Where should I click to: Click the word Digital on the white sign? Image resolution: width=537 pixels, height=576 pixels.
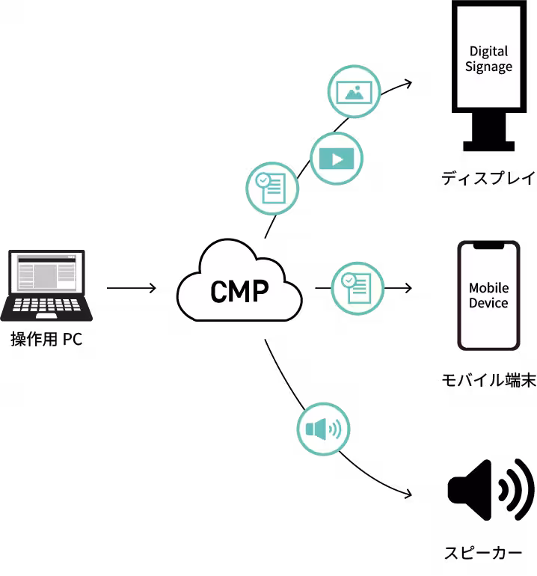[488, 51]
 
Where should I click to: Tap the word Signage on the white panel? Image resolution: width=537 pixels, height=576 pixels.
[488, 67]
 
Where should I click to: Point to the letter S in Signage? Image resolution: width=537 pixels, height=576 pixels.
[470, 66]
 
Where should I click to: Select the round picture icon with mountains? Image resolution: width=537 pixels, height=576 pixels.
[355, 91]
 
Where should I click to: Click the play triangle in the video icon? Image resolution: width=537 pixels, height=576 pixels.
[337, 159]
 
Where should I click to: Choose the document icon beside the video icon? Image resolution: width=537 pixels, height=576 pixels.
[272, 189]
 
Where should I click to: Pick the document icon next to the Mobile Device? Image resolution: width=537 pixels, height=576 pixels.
[358, 288]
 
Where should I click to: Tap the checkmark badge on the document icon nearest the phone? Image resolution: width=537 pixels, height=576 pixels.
[349, 280]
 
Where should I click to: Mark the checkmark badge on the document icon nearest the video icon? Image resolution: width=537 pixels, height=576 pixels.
[263, 180]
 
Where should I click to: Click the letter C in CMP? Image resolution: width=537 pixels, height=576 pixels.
[219, 292]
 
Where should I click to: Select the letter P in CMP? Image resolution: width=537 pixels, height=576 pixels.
[259, 292]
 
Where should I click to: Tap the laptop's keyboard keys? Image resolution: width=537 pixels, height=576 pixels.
[46, 305]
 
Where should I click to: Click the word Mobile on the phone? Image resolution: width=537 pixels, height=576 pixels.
[488, 288]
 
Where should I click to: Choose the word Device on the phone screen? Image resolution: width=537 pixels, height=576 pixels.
[488, 303]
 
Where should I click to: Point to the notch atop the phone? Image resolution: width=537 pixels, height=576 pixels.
[488, 246]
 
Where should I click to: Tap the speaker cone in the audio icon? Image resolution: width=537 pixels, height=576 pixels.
[316, 429]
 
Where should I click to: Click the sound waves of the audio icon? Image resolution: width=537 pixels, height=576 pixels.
[335, 429]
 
